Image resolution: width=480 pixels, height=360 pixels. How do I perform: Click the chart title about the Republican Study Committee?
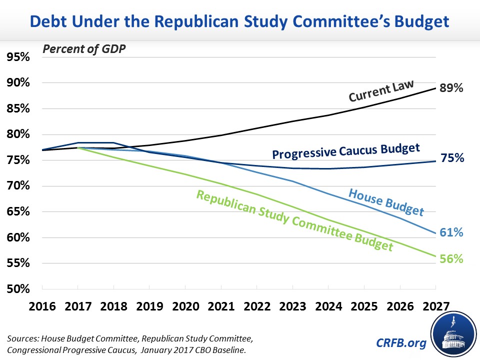[x=240, y=22]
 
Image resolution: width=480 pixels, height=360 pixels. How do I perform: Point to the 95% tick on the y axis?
[x=18, y=57]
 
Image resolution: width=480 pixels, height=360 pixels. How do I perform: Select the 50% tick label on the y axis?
[x=18, y=289]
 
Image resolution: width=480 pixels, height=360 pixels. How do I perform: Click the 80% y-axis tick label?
[x=18, y=134]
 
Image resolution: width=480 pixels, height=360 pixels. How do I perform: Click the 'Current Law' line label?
[x=381, y=91]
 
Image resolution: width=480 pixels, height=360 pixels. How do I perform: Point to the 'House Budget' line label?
[x=386, y=202]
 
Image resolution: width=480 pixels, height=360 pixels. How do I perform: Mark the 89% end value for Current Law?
[x=451, y=88]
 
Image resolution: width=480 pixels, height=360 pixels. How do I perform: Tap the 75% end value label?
[x=451, y=158]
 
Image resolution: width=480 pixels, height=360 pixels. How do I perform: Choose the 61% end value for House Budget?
[x=451, y=232]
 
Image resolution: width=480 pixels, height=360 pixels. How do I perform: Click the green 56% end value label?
[x=451, y=259]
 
